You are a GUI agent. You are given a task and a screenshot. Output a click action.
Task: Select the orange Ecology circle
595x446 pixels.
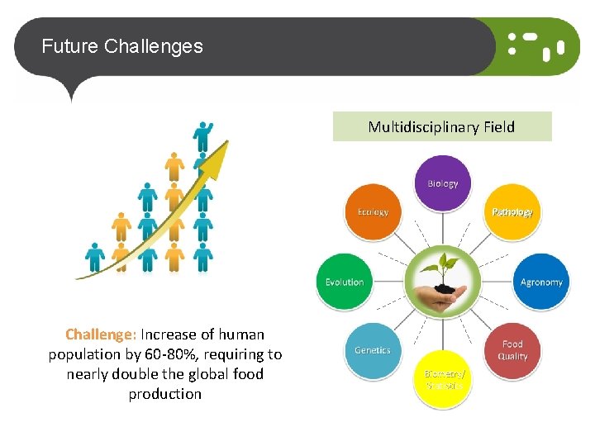[373, 212]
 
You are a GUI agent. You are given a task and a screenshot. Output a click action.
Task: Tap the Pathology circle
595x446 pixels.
[512, 212]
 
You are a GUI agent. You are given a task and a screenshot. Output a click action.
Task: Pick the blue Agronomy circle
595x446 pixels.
[541, 282]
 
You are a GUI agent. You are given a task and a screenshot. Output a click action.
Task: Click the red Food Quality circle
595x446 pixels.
[512, 350]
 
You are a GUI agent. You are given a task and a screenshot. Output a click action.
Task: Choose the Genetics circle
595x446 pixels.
[373, 350]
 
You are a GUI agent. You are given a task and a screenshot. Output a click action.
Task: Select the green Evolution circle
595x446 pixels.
[345, 282]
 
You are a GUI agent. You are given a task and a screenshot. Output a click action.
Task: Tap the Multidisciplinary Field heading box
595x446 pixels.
[441, 127]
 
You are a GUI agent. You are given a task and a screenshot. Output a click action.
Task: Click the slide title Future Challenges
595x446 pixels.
[122, 46]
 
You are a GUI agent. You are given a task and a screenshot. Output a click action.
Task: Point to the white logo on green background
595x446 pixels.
[535, 46]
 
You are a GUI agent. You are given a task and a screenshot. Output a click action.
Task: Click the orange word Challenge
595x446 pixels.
[100, 334]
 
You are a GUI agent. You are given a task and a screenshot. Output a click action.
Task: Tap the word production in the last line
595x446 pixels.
[165, 394]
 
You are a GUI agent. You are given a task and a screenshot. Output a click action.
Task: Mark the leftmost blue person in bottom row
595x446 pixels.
[95, 257]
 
